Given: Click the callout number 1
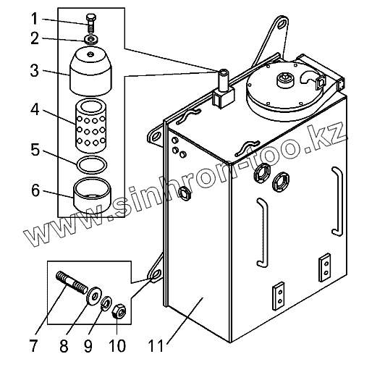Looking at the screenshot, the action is (x=35, y=19).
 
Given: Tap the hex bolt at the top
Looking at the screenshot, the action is (x=91, y=23).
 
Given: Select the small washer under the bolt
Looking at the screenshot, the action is (x=91, y=39).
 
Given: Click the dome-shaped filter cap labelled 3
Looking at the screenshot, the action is (x=90, y=71).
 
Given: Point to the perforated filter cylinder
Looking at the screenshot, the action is (x=91, y=125).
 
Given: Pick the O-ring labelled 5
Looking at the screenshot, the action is (x=92, y=165).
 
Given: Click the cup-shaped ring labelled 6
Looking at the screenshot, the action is (x=92, y=195).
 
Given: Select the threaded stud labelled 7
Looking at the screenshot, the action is (x=72, y=282).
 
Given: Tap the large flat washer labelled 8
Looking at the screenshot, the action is (x=95, y=296).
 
